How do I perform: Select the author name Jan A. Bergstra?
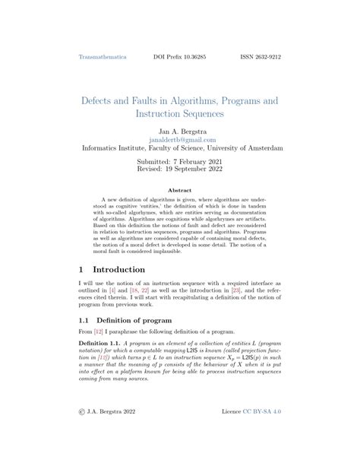(179, 131)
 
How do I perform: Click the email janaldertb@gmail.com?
(180, 141)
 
